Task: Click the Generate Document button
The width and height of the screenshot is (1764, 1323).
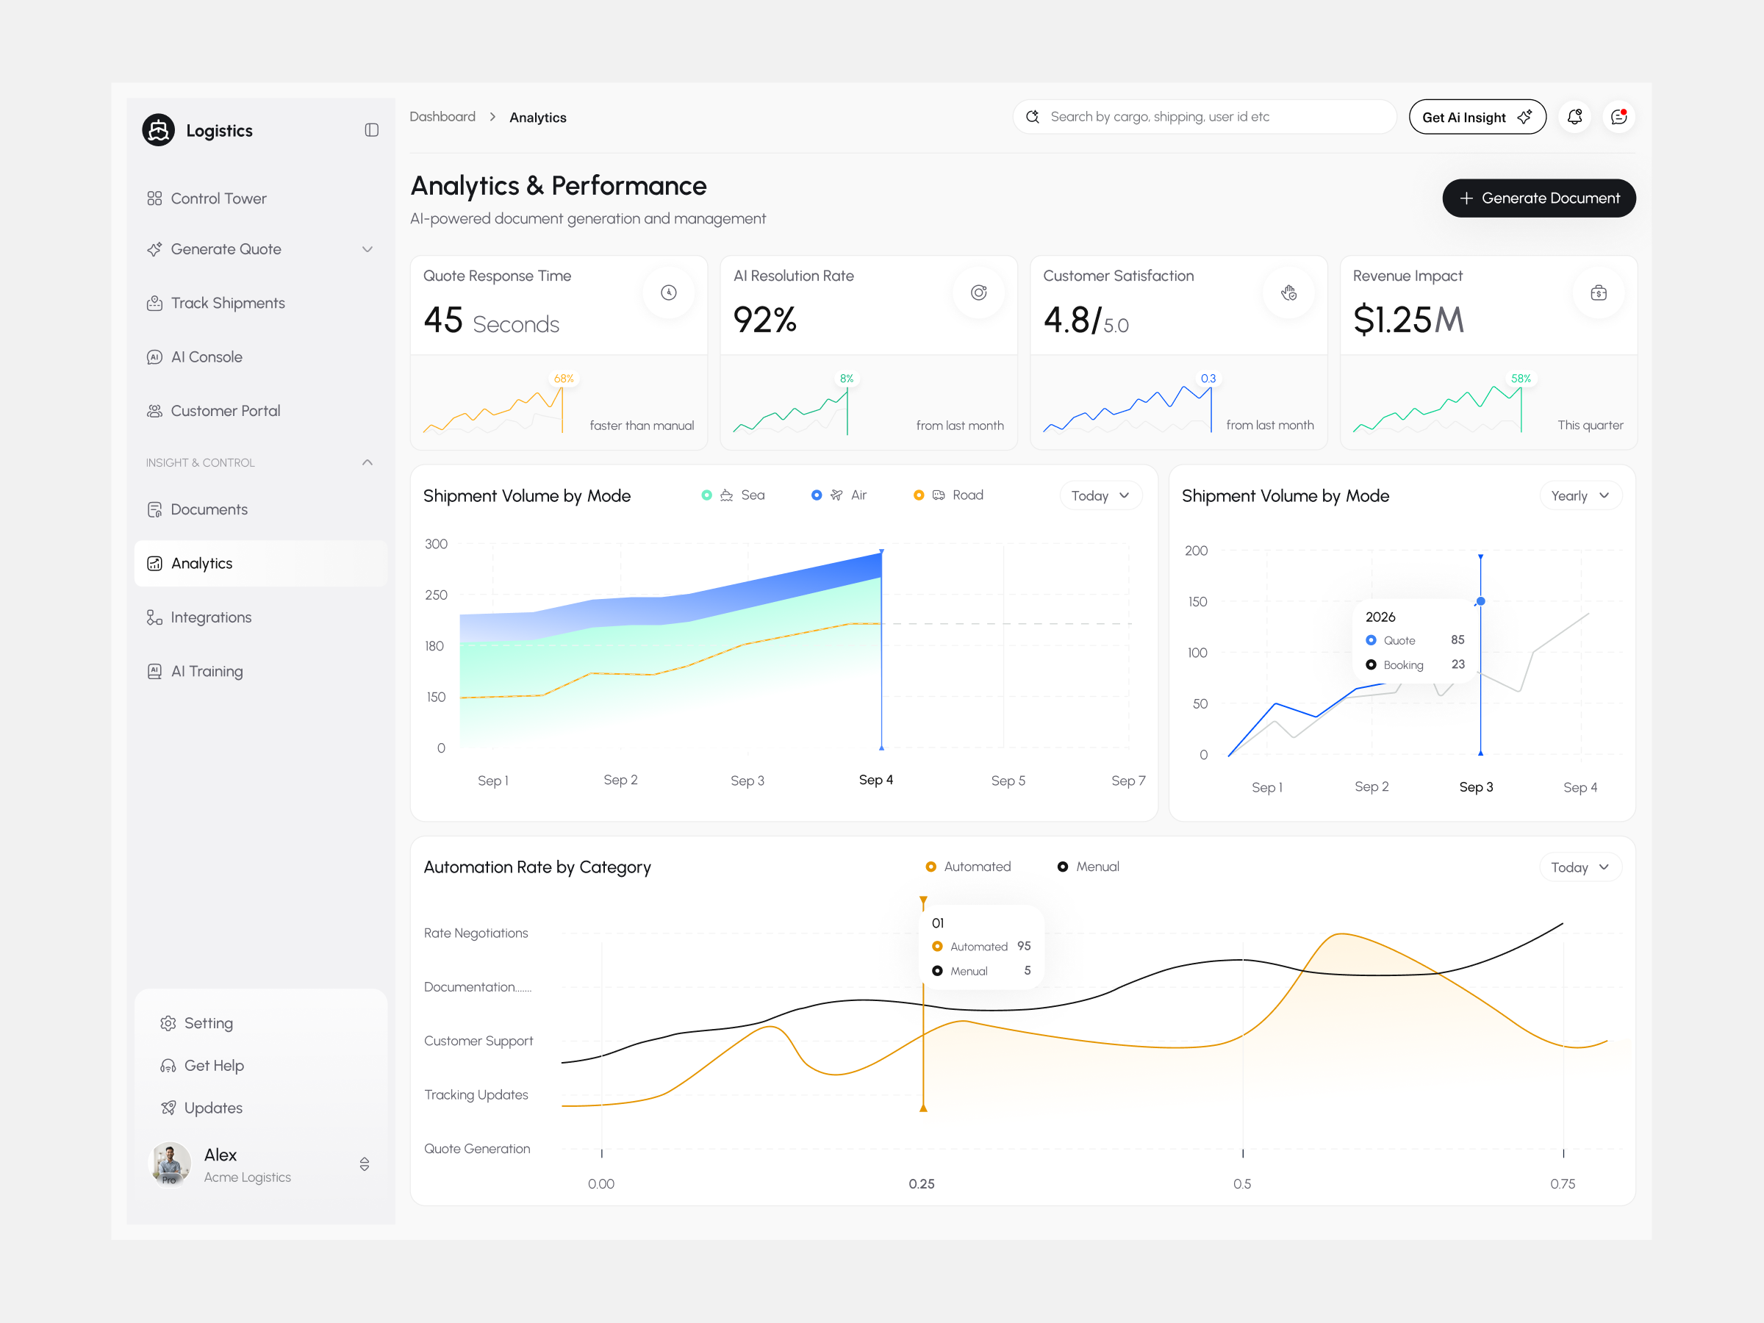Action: coord(1538,198)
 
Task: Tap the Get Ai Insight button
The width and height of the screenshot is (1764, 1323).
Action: coord(1476,117)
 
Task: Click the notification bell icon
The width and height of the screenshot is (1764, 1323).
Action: coord(1574,117)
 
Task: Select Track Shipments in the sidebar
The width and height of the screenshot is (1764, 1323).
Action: coord(227,303)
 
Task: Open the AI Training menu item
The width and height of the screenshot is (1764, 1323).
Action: coord(207,672)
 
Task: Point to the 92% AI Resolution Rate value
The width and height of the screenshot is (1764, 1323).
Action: coord(764,320)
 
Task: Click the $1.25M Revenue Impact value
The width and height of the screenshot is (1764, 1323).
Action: coord(1408,320)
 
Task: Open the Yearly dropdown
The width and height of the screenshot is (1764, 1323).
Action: coord(1579,496)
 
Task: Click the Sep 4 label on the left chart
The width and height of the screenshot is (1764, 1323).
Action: coord(875,780)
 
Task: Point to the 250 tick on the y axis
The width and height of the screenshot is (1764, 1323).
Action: coord(436,595)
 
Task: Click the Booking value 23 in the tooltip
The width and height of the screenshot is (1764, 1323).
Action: coord(1457,664)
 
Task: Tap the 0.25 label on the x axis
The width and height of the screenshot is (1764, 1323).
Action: coord(921,1184)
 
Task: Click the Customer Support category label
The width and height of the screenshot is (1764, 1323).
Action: coord(478,1041)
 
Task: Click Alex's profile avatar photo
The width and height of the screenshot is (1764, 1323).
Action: coord(170,1164)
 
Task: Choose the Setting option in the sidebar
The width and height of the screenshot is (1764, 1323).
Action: coord(207,1023)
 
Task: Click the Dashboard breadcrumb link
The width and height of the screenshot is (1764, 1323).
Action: coord(442,117)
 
